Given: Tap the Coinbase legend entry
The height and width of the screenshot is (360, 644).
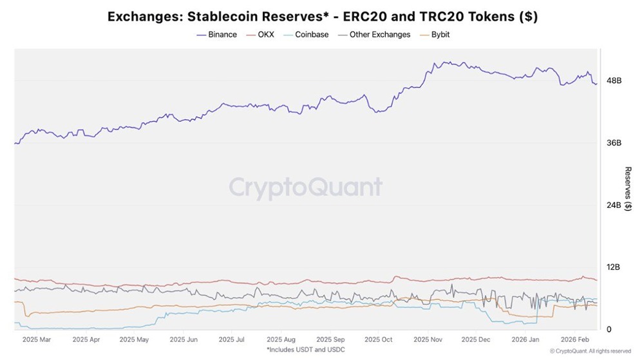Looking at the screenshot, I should tap(311, 35).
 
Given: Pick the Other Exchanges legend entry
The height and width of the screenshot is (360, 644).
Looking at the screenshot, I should tap(379, 35).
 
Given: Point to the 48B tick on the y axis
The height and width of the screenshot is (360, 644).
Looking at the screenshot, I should tap(614, 81).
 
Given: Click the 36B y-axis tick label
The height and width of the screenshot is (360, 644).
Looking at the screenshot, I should tap(614, 143).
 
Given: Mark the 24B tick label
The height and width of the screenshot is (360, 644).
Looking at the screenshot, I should tap(614, 205).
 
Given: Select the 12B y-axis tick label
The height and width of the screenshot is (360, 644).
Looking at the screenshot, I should tap(614, 267).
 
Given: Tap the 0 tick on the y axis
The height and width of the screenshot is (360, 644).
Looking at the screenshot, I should tap(609, 329).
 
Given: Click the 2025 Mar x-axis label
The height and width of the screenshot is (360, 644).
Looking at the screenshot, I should tap(36, 339).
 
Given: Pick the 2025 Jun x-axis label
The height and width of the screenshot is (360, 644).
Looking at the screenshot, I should tap(184, 339).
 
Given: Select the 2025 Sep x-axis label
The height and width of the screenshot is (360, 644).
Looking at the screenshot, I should tap(330, 339).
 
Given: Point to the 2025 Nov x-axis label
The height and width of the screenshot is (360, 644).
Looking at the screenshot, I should tap(428, 339).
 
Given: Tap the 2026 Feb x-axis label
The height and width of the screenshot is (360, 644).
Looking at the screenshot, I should tap(574, 339).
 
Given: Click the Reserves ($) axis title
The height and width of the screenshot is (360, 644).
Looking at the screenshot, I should tap(628, 188).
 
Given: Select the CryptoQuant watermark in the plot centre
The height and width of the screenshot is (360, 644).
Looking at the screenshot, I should tap(306, 187).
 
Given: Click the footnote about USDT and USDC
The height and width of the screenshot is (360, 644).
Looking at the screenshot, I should tap(306, 349).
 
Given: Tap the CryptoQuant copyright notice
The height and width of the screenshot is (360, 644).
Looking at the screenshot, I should tap(591, 351).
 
